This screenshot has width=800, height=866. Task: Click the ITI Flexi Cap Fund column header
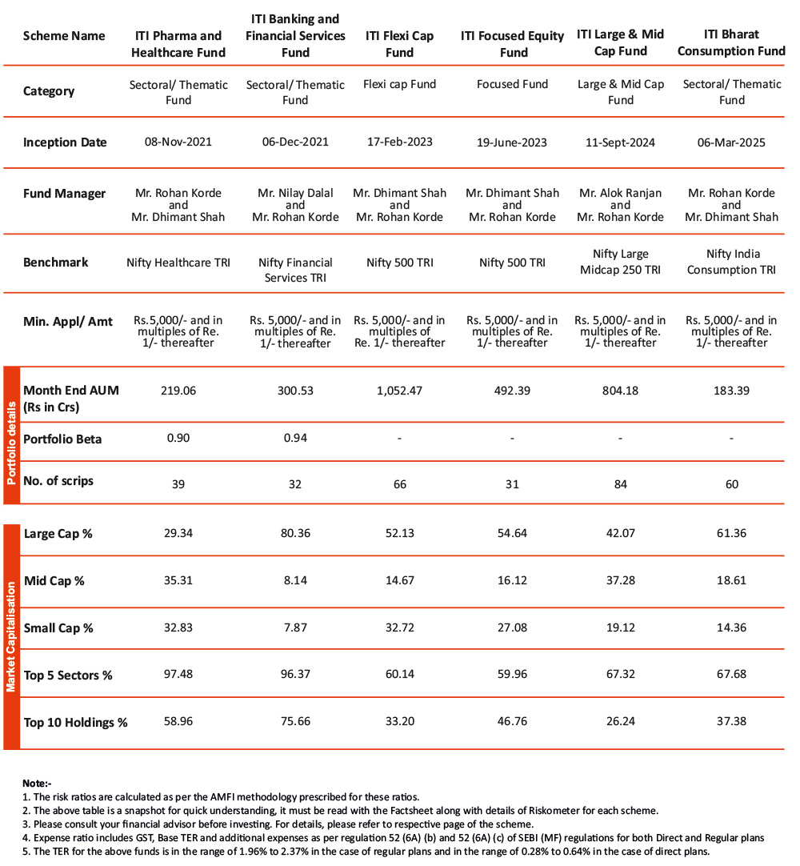399,43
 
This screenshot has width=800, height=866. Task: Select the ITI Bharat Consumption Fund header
731,43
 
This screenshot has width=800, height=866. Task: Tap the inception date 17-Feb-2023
399,142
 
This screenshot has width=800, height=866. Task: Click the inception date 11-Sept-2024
620,142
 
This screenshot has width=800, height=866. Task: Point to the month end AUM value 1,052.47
399,391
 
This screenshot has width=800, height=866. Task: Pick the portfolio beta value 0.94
295,438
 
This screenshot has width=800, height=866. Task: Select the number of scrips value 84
620,483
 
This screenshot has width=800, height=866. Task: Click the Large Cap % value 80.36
295,533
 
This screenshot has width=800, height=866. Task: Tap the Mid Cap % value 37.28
620,580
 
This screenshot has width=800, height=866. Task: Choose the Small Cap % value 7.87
295,627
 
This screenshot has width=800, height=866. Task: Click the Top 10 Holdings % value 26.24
620,721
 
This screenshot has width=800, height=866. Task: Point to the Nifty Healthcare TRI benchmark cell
178,263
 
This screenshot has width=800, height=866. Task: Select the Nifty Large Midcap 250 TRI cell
620,262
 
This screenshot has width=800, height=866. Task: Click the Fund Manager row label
64,194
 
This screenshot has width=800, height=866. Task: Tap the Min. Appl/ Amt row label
68,322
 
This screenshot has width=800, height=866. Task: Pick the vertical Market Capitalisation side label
11,636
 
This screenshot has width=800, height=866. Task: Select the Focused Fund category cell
512,84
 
